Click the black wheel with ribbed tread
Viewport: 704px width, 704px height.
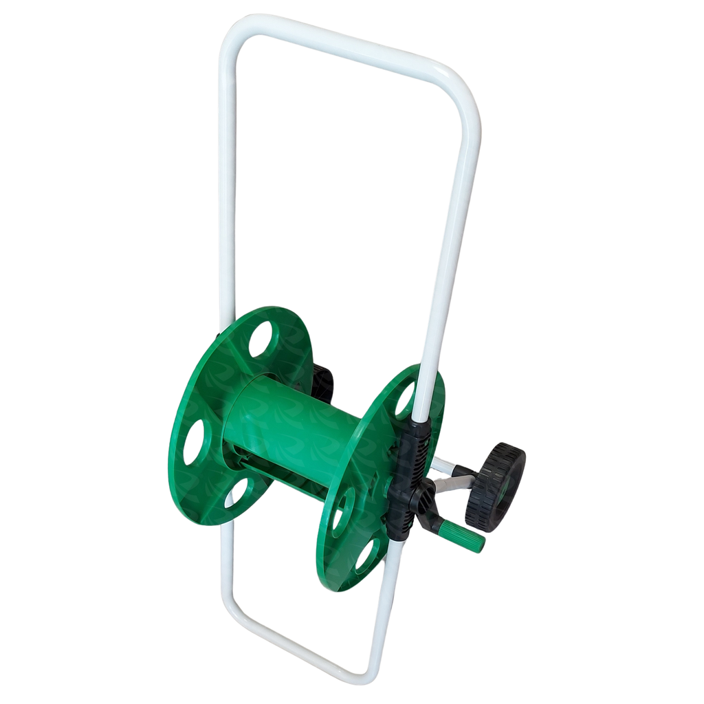point(495,486)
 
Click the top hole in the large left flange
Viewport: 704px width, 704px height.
point(260,338)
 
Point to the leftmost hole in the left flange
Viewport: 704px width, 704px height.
point(193,441)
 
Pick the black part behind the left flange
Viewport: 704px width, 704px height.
point(322,382)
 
